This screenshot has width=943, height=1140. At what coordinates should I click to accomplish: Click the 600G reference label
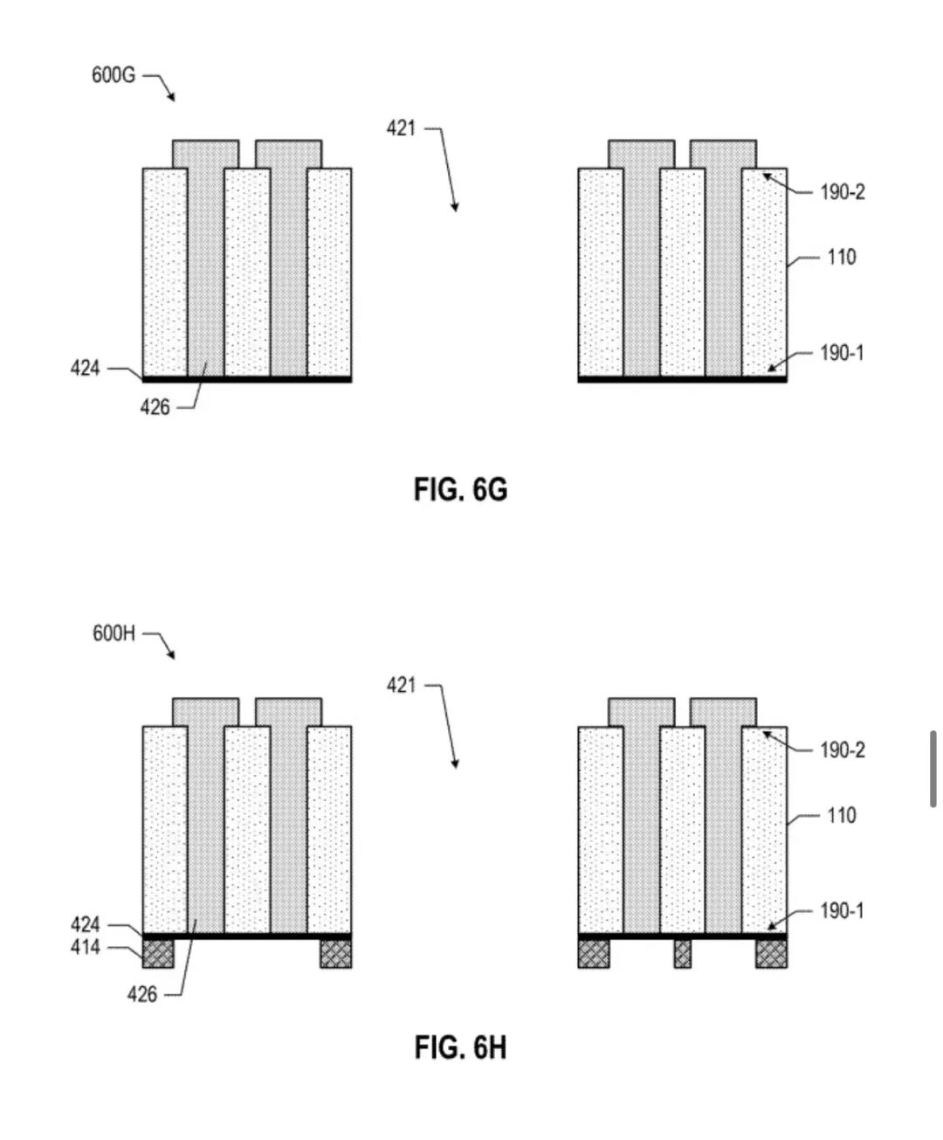tap(114, 75)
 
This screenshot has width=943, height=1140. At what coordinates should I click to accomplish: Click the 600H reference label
tap(114, 633)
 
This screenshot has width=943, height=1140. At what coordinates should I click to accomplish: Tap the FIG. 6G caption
tap(461, 489)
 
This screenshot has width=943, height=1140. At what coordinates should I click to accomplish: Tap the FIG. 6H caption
tap(461, 1047)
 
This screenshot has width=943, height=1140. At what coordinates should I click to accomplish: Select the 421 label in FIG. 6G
tap(401, 129)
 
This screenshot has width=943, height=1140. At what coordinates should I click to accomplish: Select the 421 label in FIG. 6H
tap(401, 686)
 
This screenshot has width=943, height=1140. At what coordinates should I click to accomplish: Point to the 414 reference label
tap(86, 947)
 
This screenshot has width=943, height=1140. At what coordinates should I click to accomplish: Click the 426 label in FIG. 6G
tap(155, 407)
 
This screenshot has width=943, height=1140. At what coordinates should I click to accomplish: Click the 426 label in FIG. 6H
tap(142, 995)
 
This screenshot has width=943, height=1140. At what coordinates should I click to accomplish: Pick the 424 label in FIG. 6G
tap(86, 369)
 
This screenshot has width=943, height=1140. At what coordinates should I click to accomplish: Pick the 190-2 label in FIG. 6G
tap(843, 192)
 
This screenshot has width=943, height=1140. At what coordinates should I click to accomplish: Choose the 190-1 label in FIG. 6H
tap(842, 911)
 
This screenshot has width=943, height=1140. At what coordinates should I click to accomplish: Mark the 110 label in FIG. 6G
tap(842, 257)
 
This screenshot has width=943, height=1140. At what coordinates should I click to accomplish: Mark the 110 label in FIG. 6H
tap(842, 816)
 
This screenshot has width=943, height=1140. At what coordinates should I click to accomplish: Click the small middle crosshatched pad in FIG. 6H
tap(682, 954)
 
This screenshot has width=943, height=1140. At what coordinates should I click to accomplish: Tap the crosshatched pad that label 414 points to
tap(158, 954)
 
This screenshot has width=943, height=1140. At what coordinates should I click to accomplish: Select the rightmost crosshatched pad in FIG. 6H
tap(771, 954)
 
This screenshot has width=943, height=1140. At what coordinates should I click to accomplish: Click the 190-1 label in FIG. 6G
tap(842, 353)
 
